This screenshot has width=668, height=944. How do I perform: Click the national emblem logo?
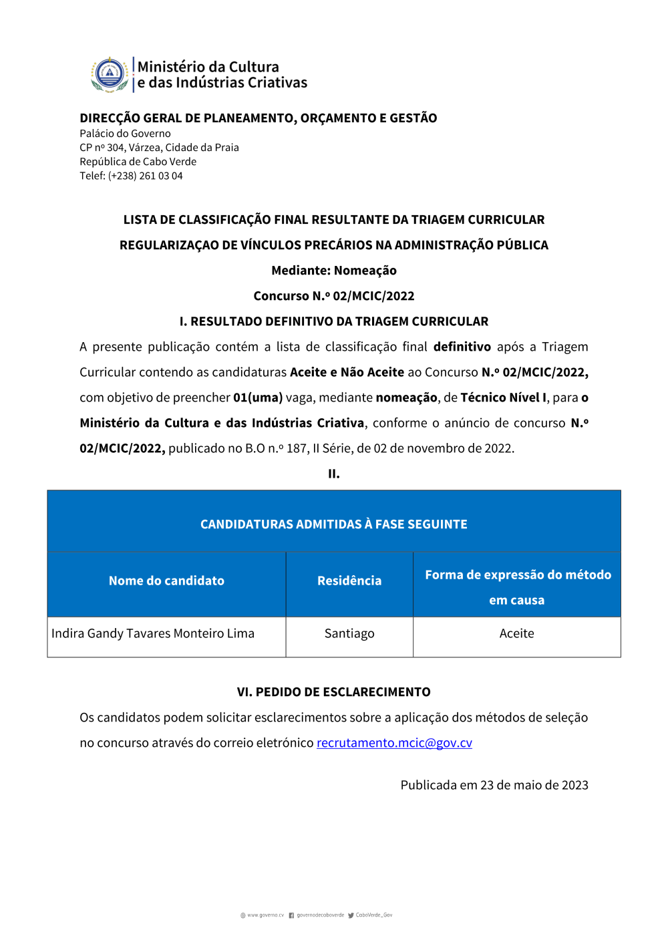pyautogui.click(x=110, y=74)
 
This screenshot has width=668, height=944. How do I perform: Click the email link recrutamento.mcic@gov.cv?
pyautogui.click(x=394, y=743)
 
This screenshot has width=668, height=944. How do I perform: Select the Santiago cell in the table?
pyautogui.click(x=349, y=633)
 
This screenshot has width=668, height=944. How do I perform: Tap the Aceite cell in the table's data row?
pyautogui.click(x=516, y=633)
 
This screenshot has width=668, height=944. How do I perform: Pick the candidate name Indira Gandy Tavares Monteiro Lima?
pyautogui.click(x=153, y=633)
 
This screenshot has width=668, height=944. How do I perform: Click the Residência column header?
pyautogui.click(x=349, y=581)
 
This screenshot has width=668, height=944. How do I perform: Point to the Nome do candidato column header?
pyautogui.click(x=166, y=581)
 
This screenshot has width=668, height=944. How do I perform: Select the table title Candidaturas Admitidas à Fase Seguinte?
pyautogui.click(x=334, y=524)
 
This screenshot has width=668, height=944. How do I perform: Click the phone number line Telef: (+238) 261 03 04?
pyautogui.click(x=131, y=176)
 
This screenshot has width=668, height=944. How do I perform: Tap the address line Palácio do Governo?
pyautogui.click(x=125, y=134)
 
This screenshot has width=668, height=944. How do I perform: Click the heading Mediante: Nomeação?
pyautogui.click(x=334, y=271)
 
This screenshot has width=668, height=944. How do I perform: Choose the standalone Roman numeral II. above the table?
pyautogui.click(x=334, y=474)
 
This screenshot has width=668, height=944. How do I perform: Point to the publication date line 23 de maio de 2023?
pyautogui.click(x=494, y=785)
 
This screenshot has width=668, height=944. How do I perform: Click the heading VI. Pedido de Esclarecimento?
pyautogui.click(x=334, y=692)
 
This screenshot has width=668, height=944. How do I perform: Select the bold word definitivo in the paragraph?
pyautogui.click(x=462, y=347)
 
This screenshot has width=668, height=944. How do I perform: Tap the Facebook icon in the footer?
pyautogui.click(x=291, y=915)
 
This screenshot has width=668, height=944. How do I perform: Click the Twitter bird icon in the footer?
pyautogui.click(x=351, y=915)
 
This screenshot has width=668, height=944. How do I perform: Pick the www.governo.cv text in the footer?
pyautogui.click(x=265, y=915)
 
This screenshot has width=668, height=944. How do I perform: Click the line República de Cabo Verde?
pyautogui.click(x=138, y=162)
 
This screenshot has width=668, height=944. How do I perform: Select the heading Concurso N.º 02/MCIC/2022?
pyautogui.click(x=334, y=296)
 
